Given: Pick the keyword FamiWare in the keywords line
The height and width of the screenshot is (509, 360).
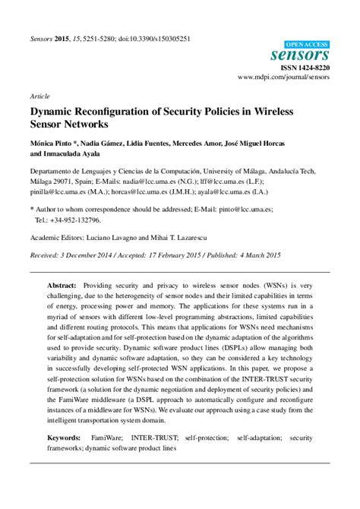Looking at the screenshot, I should click(x=128, y=438).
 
